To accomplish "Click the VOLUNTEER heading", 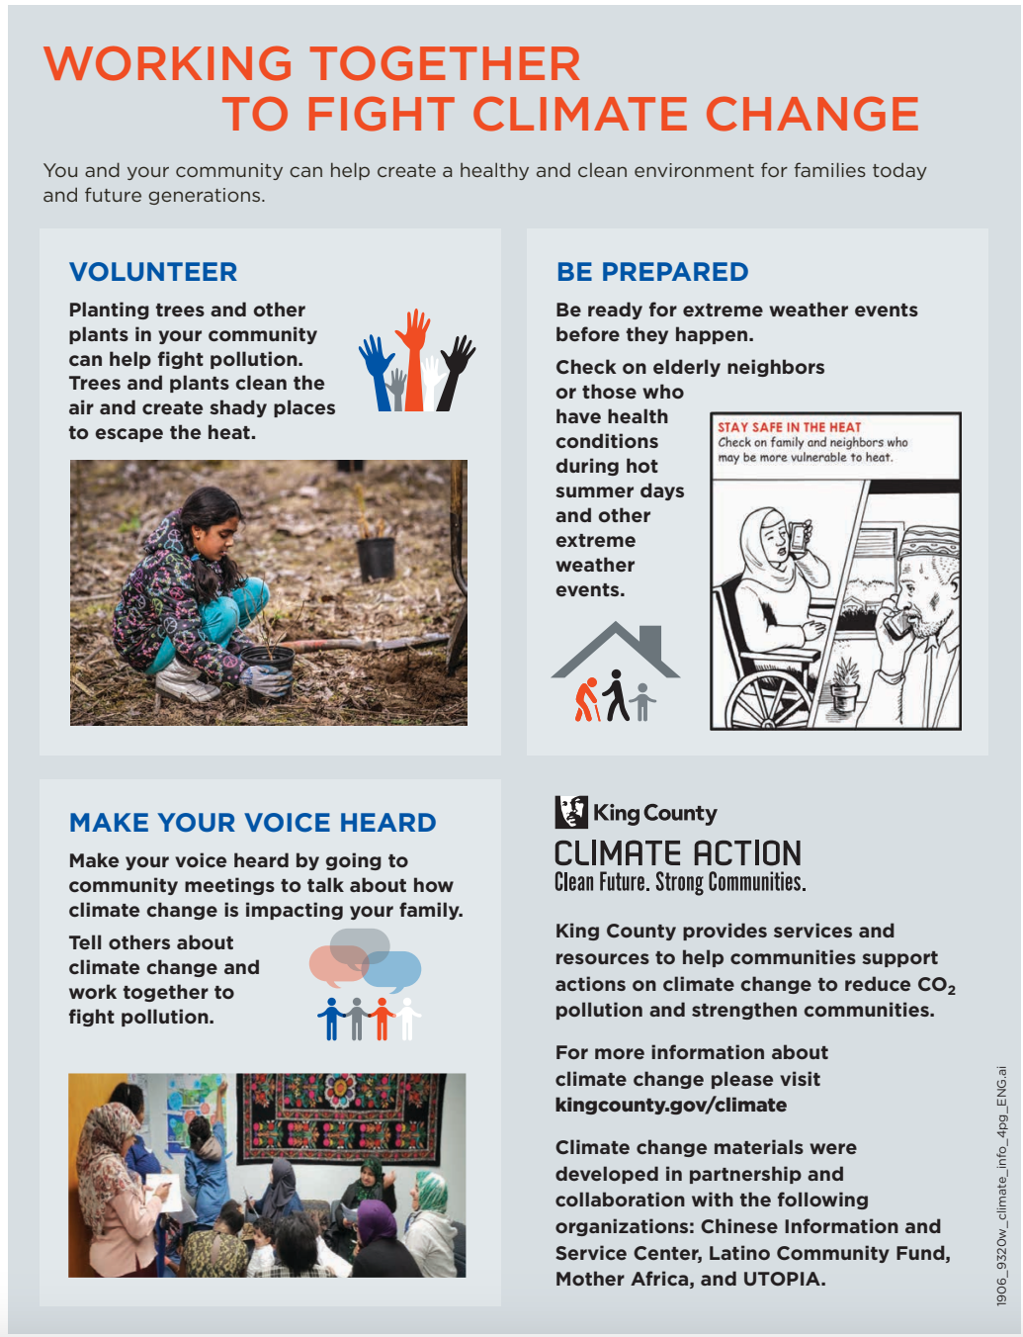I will [x=153, y=272].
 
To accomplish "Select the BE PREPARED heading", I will [x=652, y=272].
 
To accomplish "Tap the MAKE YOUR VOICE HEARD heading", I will [x=253, y=823].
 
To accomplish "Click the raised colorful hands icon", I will [x=416, y=362].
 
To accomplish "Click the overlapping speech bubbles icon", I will [x=365, y=959].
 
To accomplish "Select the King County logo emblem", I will [x=571, y=812].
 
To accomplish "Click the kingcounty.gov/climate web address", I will [x=671, y=1105].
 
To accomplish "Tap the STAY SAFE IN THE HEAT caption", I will [x=789, y=427].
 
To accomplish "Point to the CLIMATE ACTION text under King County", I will [x=678, y=853].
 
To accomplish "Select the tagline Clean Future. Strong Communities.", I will [x=680, y=882].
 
